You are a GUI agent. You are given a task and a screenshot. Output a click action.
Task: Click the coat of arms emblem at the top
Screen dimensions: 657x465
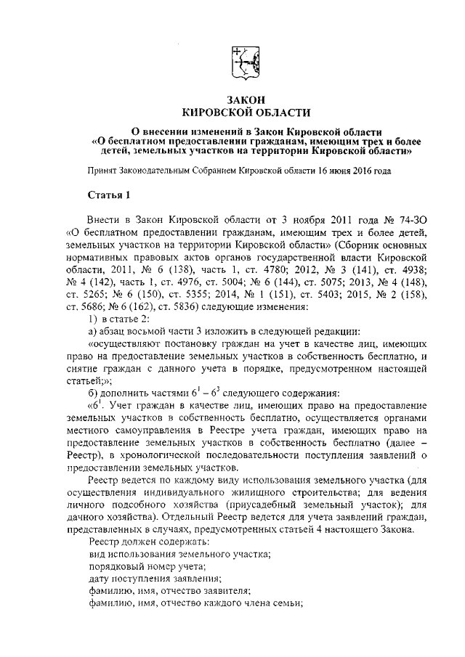(244, 62)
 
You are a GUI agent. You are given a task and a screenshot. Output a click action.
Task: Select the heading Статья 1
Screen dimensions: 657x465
(109, 195)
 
